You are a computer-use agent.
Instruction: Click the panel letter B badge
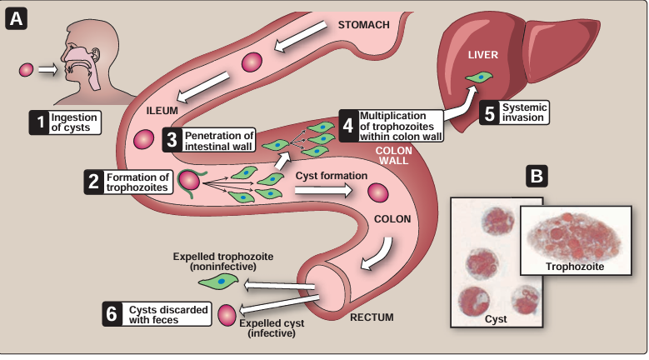coord(538,176)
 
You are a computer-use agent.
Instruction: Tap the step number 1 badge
coord(37,123)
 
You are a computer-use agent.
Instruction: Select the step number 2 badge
coord(94,182)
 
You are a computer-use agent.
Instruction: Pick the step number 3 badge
coord(172,139)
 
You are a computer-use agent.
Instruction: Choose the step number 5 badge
coord(489,113)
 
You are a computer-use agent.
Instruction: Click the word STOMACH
coord(363,24)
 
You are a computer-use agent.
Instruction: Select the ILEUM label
coord(161,110)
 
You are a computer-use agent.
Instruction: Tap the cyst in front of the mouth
coord(26,70)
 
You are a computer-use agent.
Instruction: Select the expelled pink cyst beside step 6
coord(226,315)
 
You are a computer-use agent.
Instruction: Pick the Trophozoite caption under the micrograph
coord(575,267)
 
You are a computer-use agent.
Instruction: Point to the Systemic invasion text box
coord(525,113)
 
